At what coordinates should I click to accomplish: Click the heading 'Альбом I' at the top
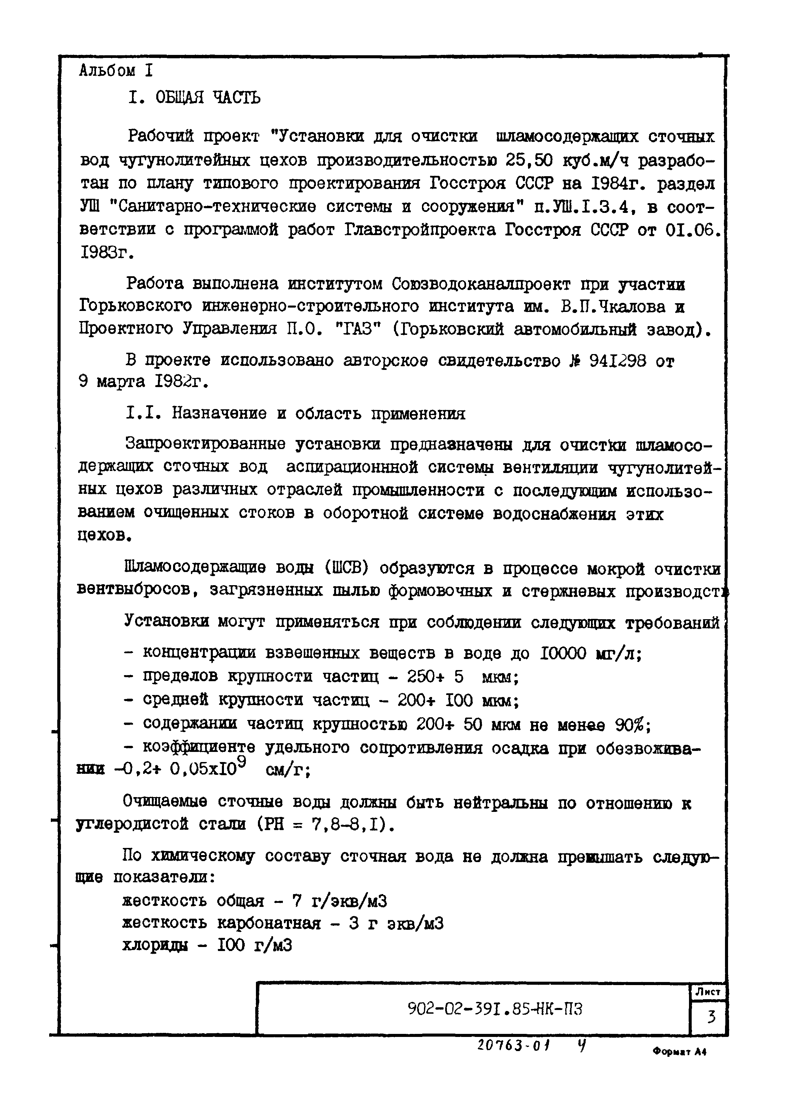116,71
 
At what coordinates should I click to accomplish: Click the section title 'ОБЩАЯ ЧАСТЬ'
207,98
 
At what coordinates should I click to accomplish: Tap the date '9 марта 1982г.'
143,382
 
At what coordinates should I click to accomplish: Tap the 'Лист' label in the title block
708,992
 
